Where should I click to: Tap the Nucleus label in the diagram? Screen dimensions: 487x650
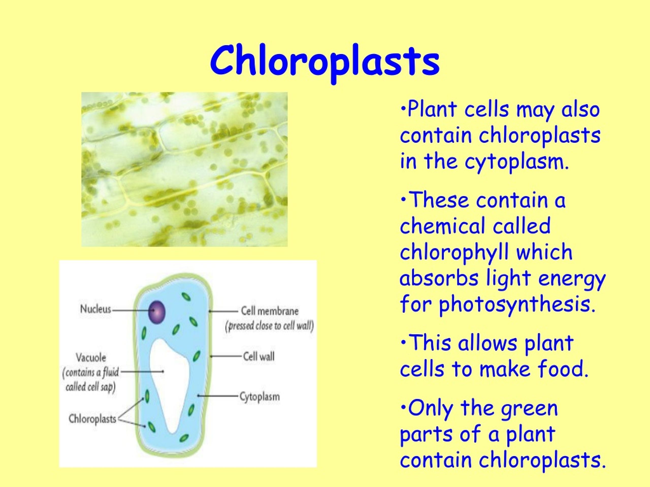pyautogui.click(x=96, y=309)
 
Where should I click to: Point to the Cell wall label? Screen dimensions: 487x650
pyautogui.click(x=258, y=356)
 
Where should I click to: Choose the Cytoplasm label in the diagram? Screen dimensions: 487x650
pyautogui.click(x=259, y=397)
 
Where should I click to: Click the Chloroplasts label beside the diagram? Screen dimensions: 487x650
pyautogui.click(x=92, y=419)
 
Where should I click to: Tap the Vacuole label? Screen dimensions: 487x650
pyautogui.click(x=91, y=358)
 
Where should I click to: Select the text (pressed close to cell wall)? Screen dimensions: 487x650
pyautogui.click(x=269, y=326)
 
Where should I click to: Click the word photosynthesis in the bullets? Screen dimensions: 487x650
pyautogui.click(x=517, y=304)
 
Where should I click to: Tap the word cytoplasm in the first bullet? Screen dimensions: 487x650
pyautogui.click(x=517, y=162)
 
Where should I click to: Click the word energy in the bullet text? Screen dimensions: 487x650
pyautogui.click(x=572, y=278)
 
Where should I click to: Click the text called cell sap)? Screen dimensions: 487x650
pyautogui.click(x=90, y=387)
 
